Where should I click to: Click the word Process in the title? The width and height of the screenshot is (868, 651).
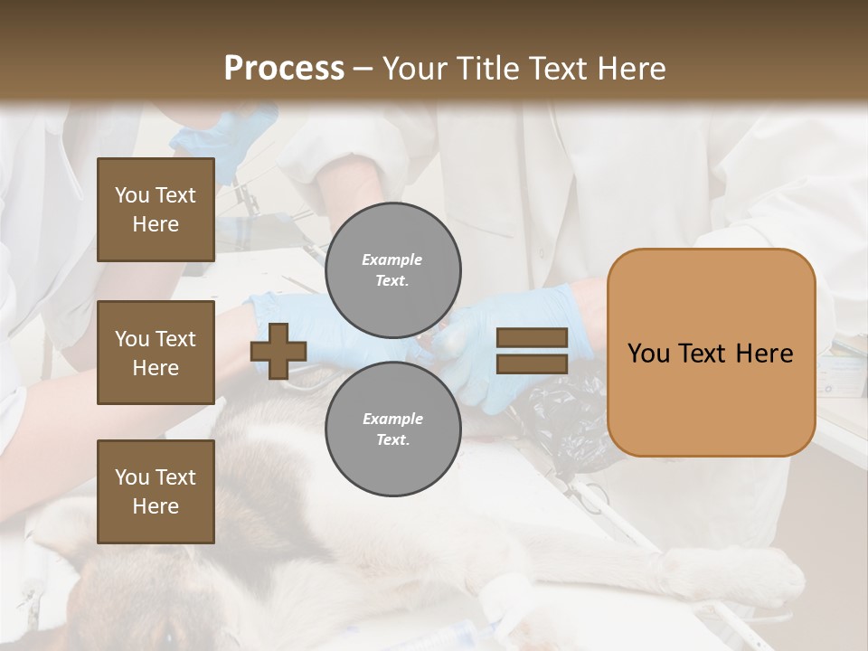tap(284, 69)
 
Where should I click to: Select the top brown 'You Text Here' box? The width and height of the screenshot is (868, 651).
tap(156, 210)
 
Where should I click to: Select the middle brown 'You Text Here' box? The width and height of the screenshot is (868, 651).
tap(156, 353)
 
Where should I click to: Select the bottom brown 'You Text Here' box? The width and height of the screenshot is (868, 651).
tap(156, 492)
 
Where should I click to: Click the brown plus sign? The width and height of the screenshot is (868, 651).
tap(278, 351)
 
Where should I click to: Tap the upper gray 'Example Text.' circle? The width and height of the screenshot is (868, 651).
tap(392, 270)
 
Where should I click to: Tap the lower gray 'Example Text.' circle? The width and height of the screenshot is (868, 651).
tap(392, 429)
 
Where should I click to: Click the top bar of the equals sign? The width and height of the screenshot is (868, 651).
tap(532, 338)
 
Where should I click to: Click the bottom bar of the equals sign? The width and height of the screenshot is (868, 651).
tap(532, 364)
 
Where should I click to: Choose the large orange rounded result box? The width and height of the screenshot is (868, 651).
tap(711, 353)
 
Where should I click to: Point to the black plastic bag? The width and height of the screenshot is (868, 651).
tap(565, 420)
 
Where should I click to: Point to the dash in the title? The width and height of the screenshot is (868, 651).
tap(363, 69)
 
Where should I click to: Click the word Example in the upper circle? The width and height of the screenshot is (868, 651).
tap(392, 259)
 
